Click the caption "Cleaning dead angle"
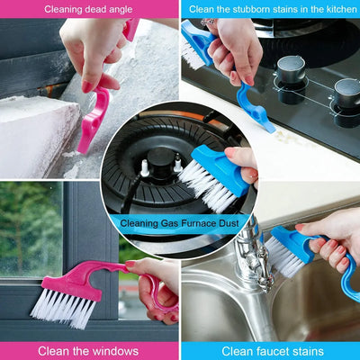(x=90, y=9)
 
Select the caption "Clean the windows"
(x=90, y=350)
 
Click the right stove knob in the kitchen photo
(x=347, y=91)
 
